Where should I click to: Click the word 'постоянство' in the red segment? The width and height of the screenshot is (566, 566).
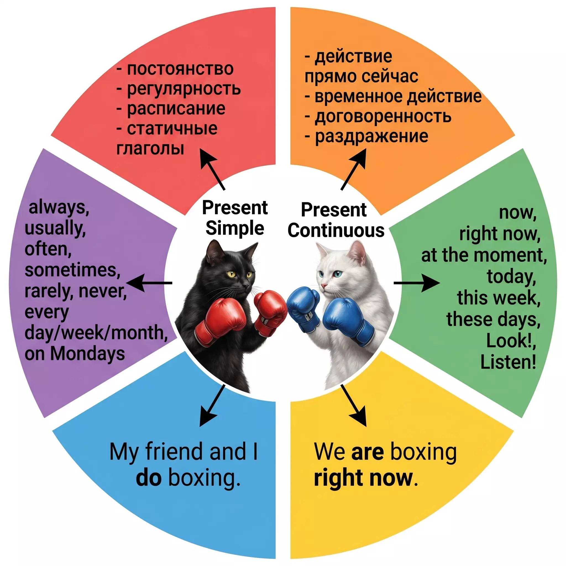click(180, 69)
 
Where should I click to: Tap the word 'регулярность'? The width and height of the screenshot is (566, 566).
click(184, 89)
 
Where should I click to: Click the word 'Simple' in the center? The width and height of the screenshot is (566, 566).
click(235, 228)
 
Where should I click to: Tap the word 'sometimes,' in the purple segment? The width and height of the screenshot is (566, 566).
click(72, 270)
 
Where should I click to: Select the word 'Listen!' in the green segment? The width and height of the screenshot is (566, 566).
click(508, 362)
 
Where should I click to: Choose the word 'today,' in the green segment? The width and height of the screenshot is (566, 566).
click(511, 277)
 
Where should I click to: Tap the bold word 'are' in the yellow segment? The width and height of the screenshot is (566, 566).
click(367, 452)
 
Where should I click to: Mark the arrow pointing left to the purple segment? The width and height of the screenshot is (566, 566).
click(150, 283)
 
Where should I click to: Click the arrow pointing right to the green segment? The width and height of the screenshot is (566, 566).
click(416, 283)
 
